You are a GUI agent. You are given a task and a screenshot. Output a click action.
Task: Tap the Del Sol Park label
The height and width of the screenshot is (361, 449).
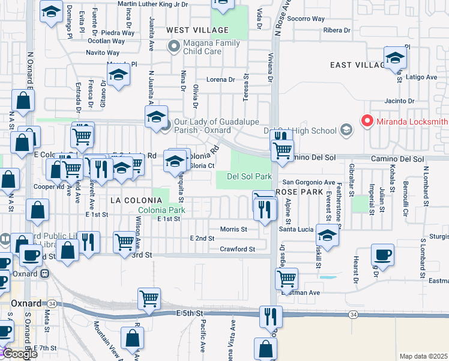(x=250, y=176)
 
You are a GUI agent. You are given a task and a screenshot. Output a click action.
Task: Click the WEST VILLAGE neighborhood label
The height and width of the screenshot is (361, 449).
(x=197, y=30)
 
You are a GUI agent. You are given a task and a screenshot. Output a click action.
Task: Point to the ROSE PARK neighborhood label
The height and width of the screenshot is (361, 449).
(x=295, y=191)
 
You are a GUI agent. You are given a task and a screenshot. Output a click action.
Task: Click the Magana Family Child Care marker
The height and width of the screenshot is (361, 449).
(x=175, y=46)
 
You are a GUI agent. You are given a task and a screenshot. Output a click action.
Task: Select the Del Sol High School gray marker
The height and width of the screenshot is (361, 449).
(x=346, y=130)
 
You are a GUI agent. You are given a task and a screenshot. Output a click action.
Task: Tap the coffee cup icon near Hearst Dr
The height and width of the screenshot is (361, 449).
(x=382, y=255)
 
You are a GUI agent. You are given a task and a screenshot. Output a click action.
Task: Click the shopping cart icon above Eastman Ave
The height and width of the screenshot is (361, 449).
(x=287, y=279)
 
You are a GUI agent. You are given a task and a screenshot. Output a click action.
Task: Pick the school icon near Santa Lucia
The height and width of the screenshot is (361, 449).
(x=327, y=235)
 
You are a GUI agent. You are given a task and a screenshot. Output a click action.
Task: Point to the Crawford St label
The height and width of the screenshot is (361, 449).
(x=237, y=249)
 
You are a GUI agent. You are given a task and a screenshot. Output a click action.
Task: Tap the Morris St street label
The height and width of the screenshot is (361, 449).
(x=234, y=229)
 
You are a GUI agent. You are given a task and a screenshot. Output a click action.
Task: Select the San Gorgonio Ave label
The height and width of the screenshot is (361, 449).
(x=309, y=182)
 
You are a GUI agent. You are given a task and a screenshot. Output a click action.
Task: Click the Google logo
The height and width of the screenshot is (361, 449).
(x=19, y=353)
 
